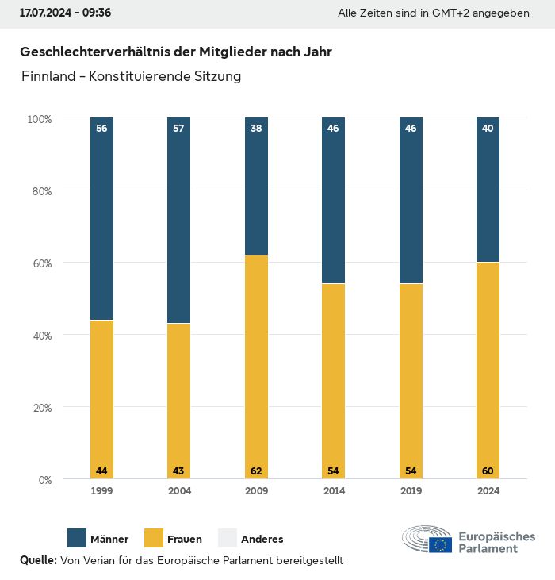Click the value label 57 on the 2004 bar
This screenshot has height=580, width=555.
click(x=178, y=128)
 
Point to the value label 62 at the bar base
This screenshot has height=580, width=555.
click(x=256, y=471)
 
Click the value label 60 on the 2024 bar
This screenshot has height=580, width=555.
click(x=488, y=471)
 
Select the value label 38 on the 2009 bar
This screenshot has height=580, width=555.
click(x=256, y=128)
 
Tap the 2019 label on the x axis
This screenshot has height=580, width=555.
click(x=411, y=491)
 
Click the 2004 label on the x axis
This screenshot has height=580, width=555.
click(x=179, y=491)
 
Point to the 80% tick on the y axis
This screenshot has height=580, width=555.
click(x=40, y=191)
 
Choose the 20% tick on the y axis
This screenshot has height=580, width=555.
click(x=40, y=408)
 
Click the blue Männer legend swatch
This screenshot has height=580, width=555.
click(x=77, y=539)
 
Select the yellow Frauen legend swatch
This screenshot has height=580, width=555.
click(x=154, y=539)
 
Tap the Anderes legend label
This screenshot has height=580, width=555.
click(x=262, y=540)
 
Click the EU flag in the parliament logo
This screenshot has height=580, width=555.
click(x=441, y=544)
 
